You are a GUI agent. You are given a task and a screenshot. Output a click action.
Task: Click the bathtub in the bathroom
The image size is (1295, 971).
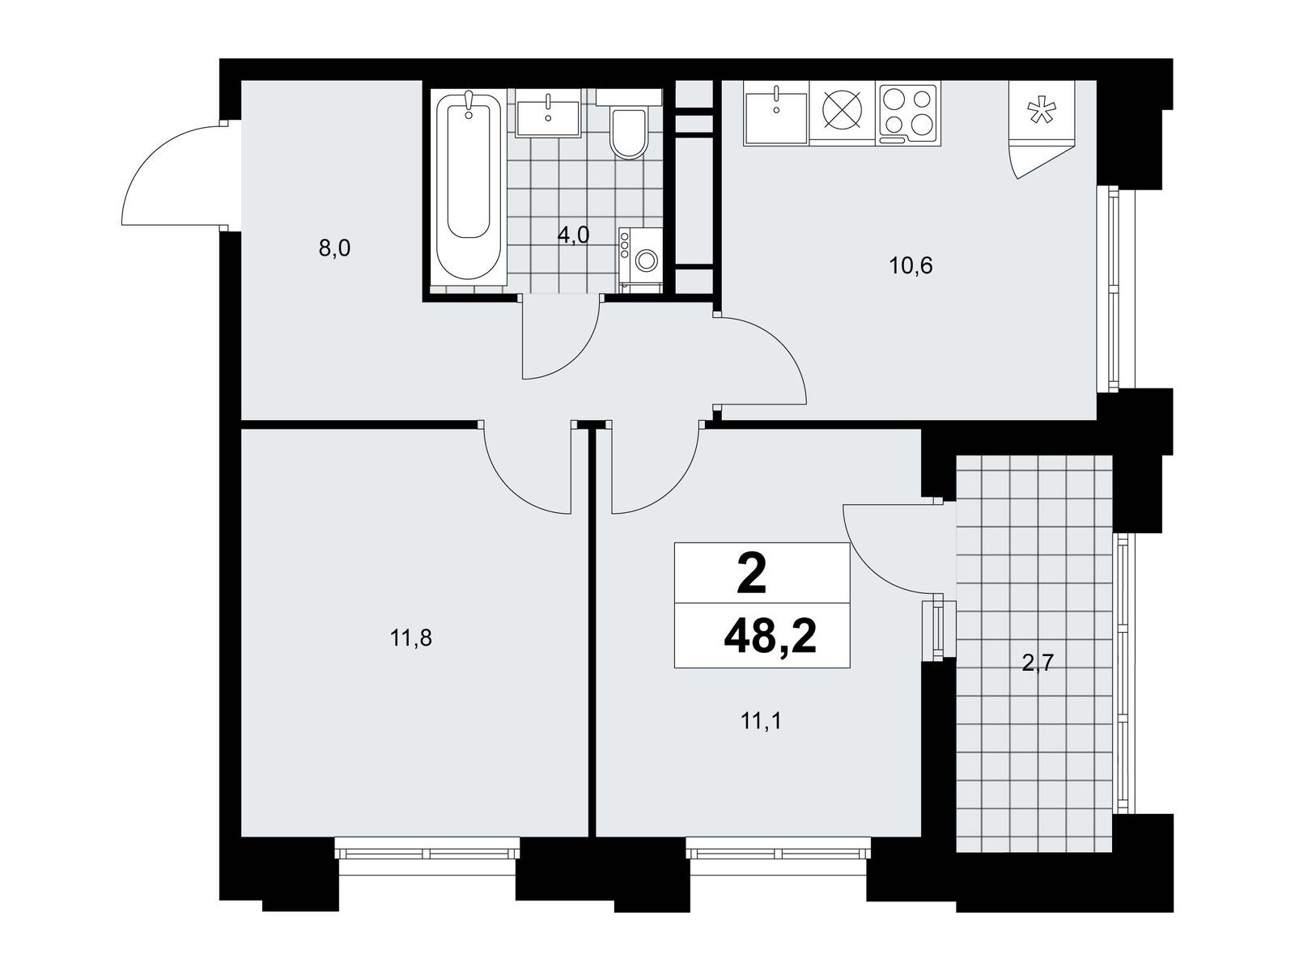coord(469,188)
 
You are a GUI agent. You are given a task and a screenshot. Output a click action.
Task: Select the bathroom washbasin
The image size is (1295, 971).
coord(548,114)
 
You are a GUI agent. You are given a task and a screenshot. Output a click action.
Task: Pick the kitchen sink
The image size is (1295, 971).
coord(776,113)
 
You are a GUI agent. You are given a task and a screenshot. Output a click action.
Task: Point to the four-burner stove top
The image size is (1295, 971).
coord(909,113)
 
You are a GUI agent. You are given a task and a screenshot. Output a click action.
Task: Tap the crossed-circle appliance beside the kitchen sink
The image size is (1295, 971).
coord(843,113)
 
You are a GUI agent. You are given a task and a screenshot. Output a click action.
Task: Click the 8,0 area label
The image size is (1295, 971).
coord(334,248)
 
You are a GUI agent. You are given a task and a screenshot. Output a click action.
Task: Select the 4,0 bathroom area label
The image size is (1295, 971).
coord(574,235)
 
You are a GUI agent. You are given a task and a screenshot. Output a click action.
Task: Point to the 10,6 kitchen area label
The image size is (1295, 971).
coord(911,266)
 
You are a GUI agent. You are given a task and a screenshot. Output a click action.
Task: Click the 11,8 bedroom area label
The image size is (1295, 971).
coord(411,638)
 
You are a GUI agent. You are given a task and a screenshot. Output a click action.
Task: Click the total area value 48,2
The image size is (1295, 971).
coord(770,638)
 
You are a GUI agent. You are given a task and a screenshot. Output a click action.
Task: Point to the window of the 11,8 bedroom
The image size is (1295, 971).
coord(427,853)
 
